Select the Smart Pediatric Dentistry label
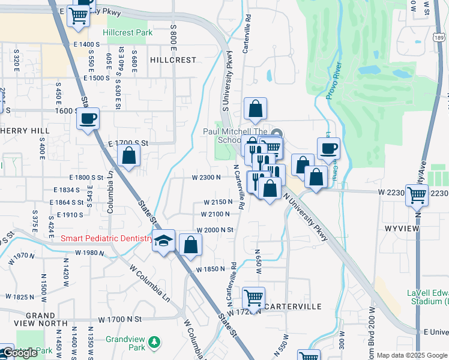[x=107, y=239]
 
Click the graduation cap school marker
[x=163, y=241]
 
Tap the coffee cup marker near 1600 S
[x=88, y=118]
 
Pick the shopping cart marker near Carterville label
[x=254, y=298]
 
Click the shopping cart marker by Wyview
[x=417, y=194]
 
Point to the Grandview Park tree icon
[x=155, y=341]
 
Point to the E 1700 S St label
[x=128, y=144]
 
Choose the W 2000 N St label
[x=214, y=230]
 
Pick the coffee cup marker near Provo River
[x=328, y=148]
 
